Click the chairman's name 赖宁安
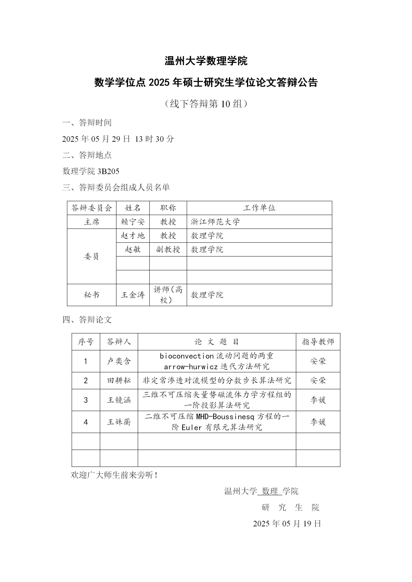[133, 222]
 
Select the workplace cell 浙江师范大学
[215, 222]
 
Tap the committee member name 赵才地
[133, 236]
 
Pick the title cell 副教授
[168, 249]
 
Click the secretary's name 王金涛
[133, 295]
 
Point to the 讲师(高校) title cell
[168, 295]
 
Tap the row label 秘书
[92, 295]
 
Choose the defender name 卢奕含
[119, 361]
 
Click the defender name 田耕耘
[119, 380]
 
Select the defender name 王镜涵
[119, 400]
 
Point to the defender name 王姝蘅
[119, 422]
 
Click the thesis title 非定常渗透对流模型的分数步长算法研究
[217, 380]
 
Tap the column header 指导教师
[318, 342]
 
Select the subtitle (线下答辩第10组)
[206, 104]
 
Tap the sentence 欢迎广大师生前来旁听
[114, 475]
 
